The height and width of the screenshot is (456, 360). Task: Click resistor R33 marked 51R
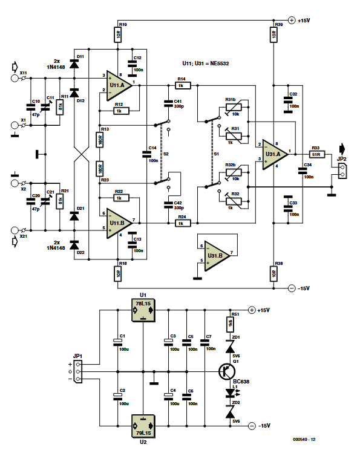319,154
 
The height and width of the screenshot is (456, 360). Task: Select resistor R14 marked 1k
182,86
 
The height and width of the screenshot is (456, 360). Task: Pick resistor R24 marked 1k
182,223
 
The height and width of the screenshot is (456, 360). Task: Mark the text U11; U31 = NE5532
206,63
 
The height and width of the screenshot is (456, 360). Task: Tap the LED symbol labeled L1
230,392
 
